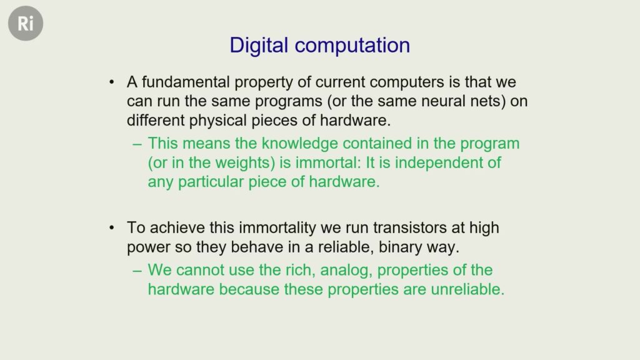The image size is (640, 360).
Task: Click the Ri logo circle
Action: click(26, 23)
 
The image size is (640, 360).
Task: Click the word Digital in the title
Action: click(259, 45)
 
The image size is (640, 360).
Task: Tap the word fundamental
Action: click(186, 82)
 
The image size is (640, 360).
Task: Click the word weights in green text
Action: click(243, 163)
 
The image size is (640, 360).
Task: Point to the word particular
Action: click(211, 182)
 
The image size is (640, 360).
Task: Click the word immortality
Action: click(277, 227)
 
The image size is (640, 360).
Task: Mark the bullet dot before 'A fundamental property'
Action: click(112, 82)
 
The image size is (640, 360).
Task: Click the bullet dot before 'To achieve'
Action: click(112, 228)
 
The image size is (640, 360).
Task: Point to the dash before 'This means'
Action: click(137, 144)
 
